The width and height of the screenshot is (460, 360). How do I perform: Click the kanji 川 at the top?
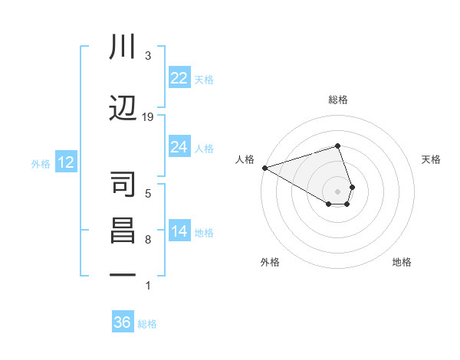coord(123,47)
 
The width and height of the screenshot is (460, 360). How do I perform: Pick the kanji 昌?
coord(123,231)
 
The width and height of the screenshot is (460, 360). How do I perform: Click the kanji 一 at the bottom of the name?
coord(123,276)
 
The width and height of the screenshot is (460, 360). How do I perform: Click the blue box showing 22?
coord(179,78)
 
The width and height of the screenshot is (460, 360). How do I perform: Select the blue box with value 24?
coord(179,147)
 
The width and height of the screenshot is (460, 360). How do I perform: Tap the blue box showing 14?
coord(179,231)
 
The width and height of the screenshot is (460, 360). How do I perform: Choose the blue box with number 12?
coord(65,162)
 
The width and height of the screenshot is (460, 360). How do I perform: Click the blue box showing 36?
coord(122,322)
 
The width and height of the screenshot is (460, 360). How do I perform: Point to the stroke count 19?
coord(148,117)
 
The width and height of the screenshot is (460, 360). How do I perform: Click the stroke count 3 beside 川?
coord(148,56)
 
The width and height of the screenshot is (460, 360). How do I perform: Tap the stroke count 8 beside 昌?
coord(148,240)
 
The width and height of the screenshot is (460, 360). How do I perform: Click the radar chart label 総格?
coord(337,100)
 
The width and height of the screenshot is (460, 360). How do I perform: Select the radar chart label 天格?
coord(432,159)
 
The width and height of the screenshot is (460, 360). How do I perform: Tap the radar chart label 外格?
coord(270,262)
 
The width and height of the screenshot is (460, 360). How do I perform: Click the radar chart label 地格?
coord(402,262)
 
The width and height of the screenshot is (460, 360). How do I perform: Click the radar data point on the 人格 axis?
coord(264,168)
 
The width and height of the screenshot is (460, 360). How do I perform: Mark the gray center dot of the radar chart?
coord(337,191)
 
